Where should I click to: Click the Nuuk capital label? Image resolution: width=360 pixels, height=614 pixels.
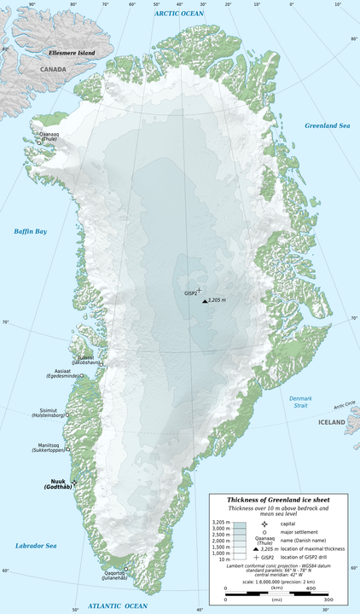(57, 483)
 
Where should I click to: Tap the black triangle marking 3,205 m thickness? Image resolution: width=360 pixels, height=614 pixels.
(204, 301)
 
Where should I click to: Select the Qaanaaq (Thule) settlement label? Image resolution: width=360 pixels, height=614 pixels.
(49, 136)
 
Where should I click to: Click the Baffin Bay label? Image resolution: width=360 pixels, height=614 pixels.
(30, 231)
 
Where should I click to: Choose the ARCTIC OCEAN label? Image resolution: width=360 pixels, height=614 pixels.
(179, 14)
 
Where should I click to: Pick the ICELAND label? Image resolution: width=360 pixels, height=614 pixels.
(332, 421)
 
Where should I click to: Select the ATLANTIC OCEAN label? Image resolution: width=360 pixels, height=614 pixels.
(112, 605)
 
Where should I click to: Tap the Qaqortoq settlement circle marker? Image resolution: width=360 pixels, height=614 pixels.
(126, 571)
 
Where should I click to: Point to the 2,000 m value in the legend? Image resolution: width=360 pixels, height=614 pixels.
(223, 541)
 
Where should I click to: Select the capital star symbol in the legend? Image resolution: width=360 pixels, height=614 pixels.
(266, 524)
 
